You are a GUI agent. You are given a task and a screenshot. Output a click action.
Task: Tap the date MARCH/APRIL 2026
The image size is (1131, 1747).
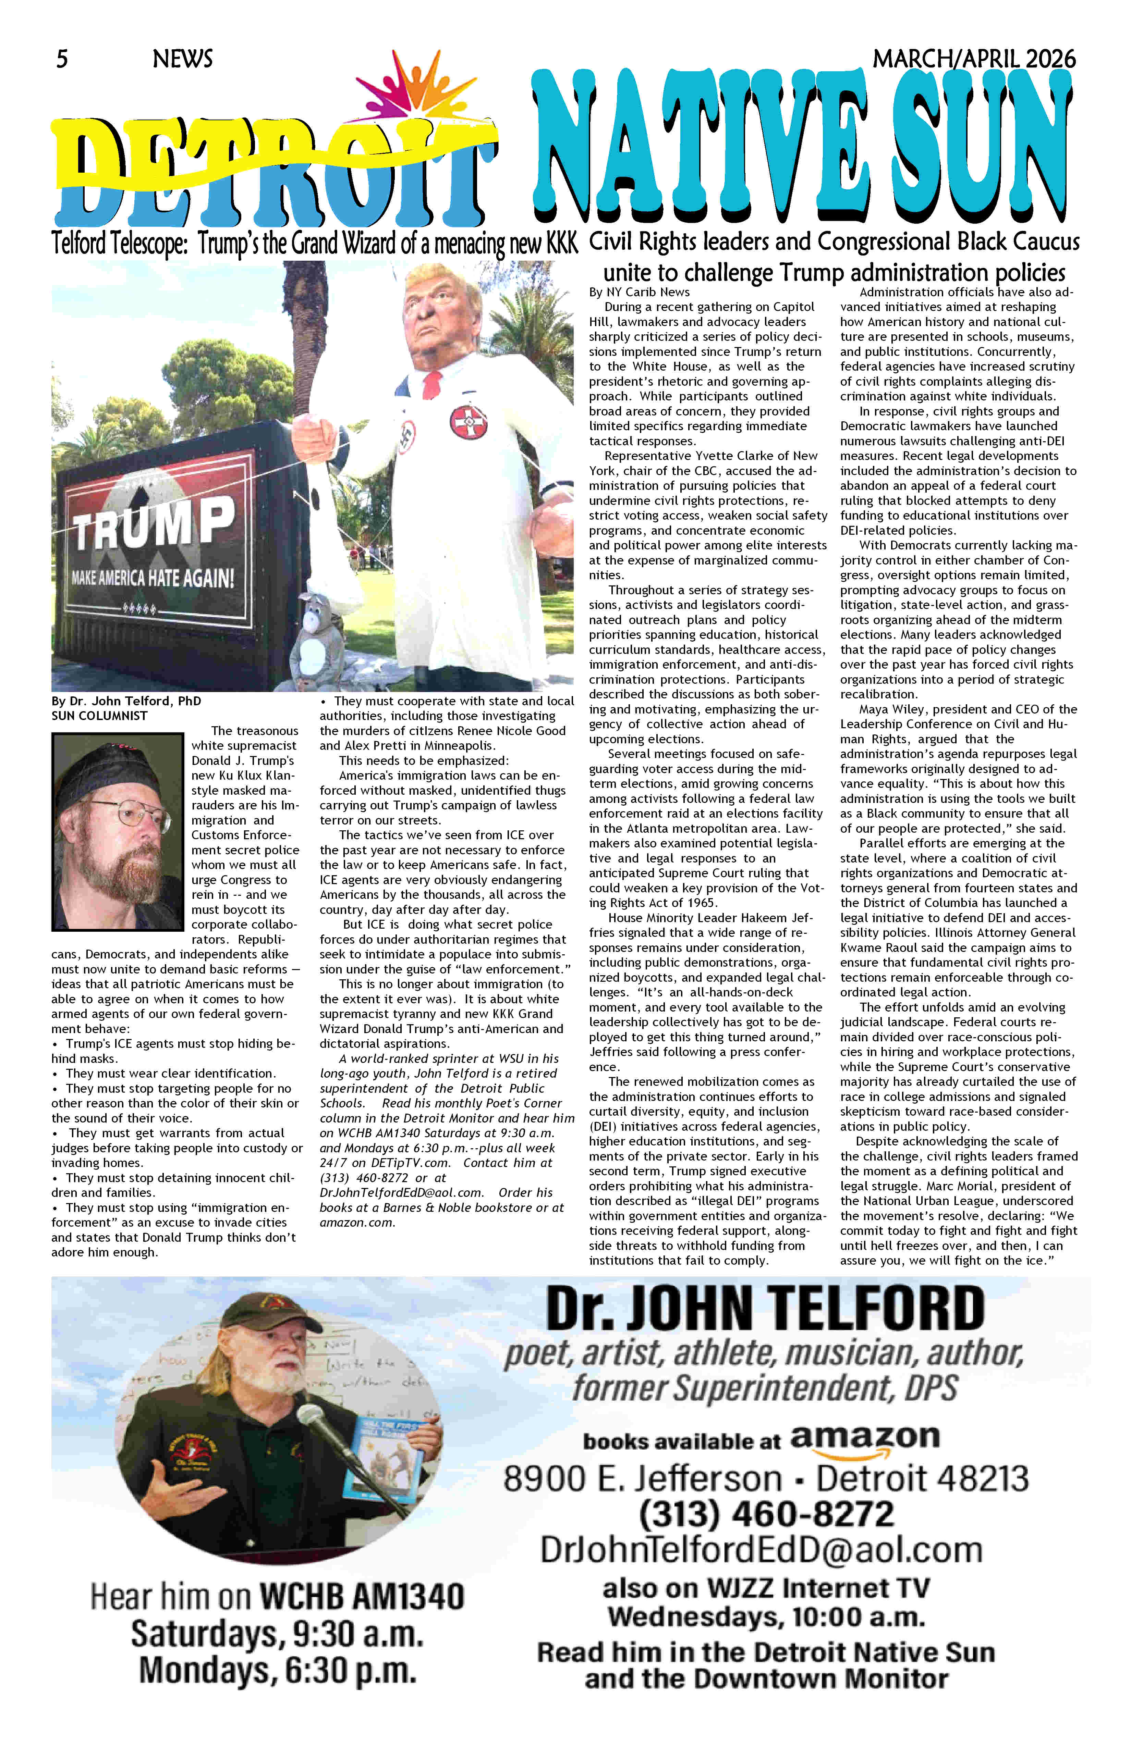(974, 59)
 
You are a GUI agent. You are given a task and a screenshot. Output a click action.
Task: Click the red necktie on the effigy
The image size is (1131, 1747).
(433, 382)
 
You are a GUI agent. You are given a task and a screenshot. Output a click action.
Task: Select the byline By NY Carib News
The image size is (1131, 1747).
(639, 292)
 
